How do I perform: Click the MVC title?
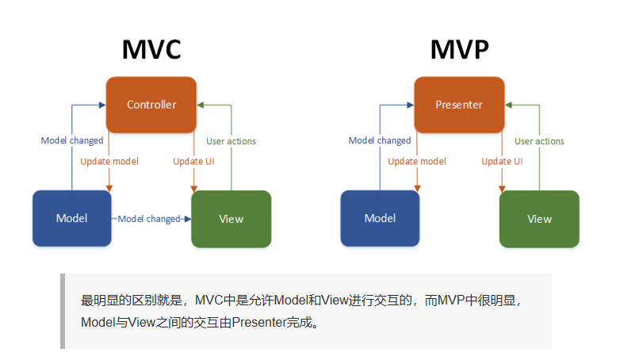point(151,49)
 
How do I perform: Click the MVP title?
point(459,49)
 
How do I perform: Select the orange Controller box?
point(151,104)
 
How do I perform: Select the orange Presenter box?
point(459,104)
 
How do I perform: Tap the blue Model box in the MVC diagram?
point(71,218)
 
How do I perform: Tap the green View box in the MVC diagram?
point(231,219)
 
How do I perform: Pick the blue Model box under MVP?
point(380,218)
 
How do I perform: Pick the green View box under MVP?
point(539,219)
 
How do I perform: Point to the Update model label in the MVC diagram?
point(109,162)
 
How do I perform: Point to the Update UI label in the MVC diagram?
point(194,162)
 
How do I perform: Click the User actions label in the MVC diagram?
point(231,141)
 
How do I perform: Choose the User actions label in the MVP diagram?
point(539,141)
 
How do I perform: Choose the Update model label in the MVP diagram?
point(417,162)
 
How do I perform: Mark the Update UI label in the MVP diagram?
point(502,162)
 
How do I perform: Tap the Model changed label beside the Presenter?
point(380,141)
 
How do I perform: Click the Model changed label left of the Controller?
point(72,141)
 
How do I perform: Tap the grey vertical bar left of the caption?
point(63,312)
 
